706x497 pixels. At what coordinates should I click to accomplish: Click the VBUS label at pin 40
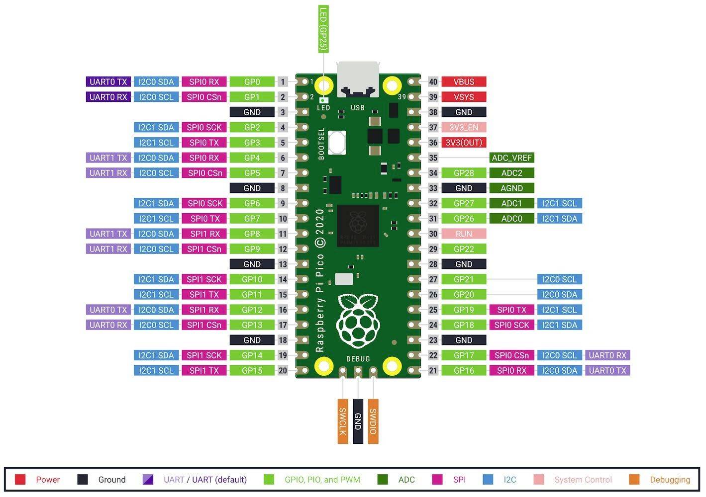point(463,82)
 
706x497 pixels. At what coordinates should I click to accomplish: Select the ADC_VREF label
point(511,158)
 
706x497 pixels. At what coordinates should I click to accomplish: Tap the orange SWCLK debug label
point(343,421)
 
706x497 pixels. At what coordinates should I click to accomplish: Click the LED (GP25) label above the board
point(323,29)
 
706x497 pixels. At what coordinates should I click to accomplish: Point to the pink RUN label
point(463,234)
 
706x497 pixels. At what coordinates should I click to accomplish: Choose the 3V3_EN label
point(463,128)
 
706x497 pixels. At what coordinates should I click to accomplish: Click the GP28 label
point(463,173)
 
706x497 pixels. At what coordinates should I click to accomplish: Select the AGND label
point(511,188)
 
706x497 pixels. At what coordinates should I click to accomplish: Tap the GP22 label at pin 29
point(463,249)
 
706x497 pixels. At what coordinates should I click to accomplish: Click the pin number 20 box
point(283,371)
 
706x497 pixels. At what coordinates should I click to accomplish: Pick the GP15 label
point(252,371)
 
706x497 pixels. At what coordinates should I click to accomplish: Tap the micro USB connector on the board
point(357,80)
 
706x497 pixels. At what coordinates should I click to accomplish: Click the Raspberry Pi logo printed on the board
point(358,321)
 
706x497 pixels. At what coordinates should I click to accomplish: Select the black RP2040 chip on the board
point(358,226)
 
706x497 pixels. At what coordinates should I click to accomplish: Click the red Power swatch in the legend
point(20,480)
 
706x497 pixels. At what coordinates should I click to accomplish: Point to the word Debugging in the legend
point(670,480)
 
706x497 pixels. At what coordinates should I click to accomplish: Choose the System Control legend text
point(583,480)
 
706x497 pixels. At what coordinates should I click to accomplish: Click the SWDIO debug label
point(373,421)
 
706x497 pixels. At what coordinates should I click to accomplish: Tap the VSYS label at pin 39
point(463,97)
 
